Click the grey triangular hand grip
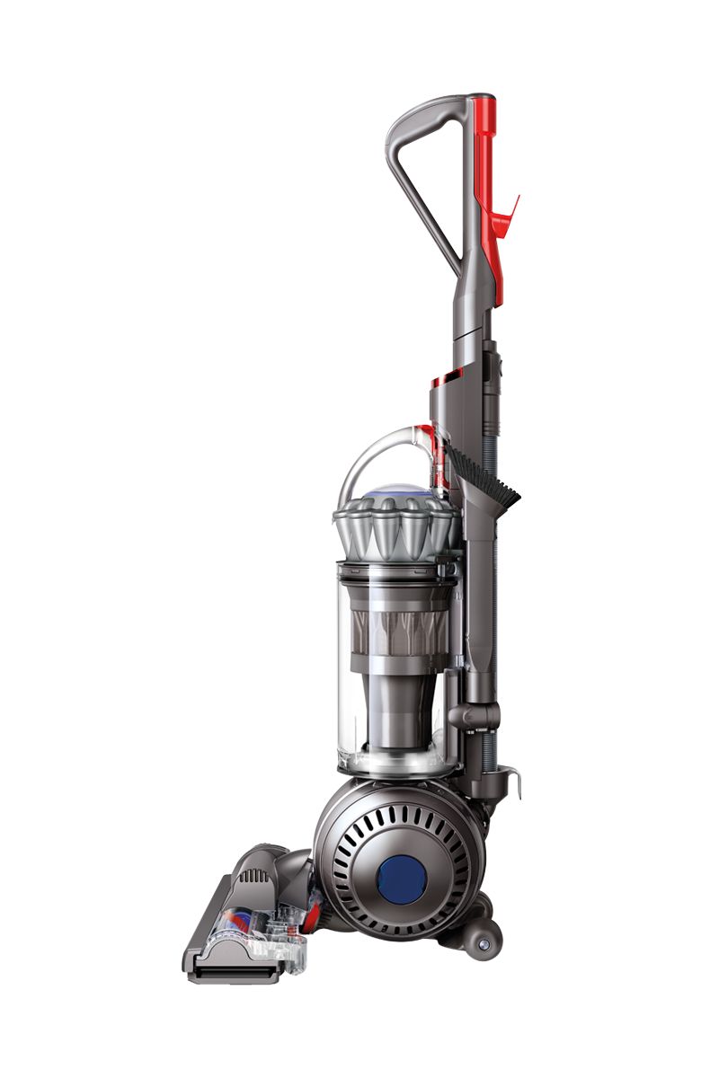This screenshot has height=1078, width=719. pyautogui.click(x=422, y=180)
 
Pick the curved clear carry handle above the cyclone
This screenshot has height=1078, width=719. pyautogui.click(x=377, y=454)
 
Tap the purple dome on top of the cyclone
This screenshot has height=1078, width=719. pyautogui.click(x=395, y=491)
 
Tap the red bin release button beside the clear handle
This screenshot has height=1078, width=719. pyautogui.click(x=440, y=458)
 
